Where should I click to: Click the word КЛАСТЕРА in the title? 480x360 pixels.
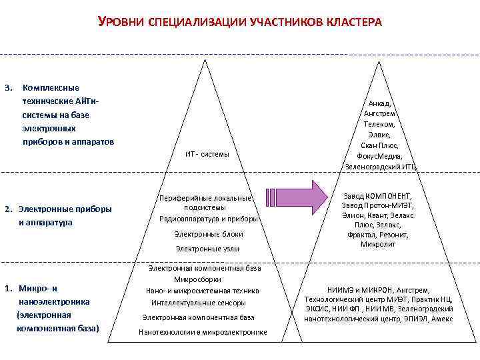(x=353, y=23)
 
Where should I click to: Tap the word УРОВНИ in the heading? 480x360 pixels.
(x=119, y=22)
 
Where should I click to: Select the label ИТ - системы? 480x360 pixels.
(x=207, y=155)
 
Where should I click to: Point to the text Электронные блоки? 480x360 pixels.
(x=209, y=234)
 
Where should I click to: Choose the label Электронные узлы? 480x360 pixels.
(x=207, y=249)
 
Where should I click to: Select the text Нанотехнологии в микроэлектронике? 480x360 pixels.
(x=203, y=332)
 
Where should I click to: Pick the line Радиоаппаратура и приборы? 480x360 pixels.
(x=209, y=219)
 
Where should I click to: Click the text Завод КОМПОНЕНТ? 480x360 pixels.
(x=378, y=196)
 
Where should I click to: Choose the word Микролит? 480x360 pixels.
(x=379, y=245)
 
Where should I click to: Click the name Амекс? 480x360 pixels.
(x=441, y=319)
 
